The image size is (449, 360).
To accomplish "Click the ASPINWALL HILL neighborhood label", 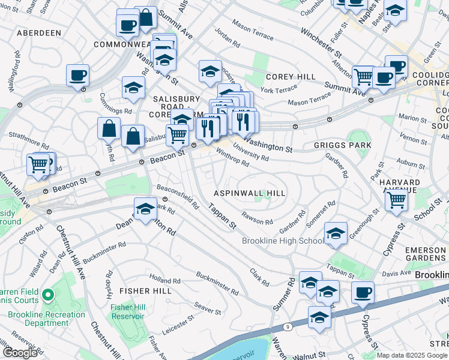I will point(250,193).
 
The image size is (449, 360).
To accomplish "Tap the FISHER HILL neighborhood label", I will point(143,290).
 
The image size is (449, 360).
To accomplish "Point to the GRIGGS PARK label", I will point(343,145).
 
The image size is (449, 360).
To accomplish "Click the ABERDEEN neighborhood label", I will point(39,32).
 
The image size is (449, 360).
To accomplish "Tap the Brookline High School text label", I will point(283,241).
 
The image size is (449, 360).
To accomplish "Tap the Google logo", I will point(19,353).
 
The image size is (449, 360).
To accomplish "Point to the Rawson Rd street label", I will point(257,218).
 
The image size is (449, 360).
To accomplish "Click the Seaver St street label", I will point(208,308).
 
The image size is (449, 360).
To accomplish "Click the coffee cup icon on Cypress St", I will point(363,293).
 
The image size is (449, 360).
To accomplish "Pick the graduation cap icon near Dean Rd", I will point(145,209).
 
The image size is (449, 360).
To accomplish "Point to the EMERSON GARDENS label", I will point(425,254).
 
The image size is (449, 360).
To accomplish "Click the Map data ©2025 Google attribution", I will point(412,355).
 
